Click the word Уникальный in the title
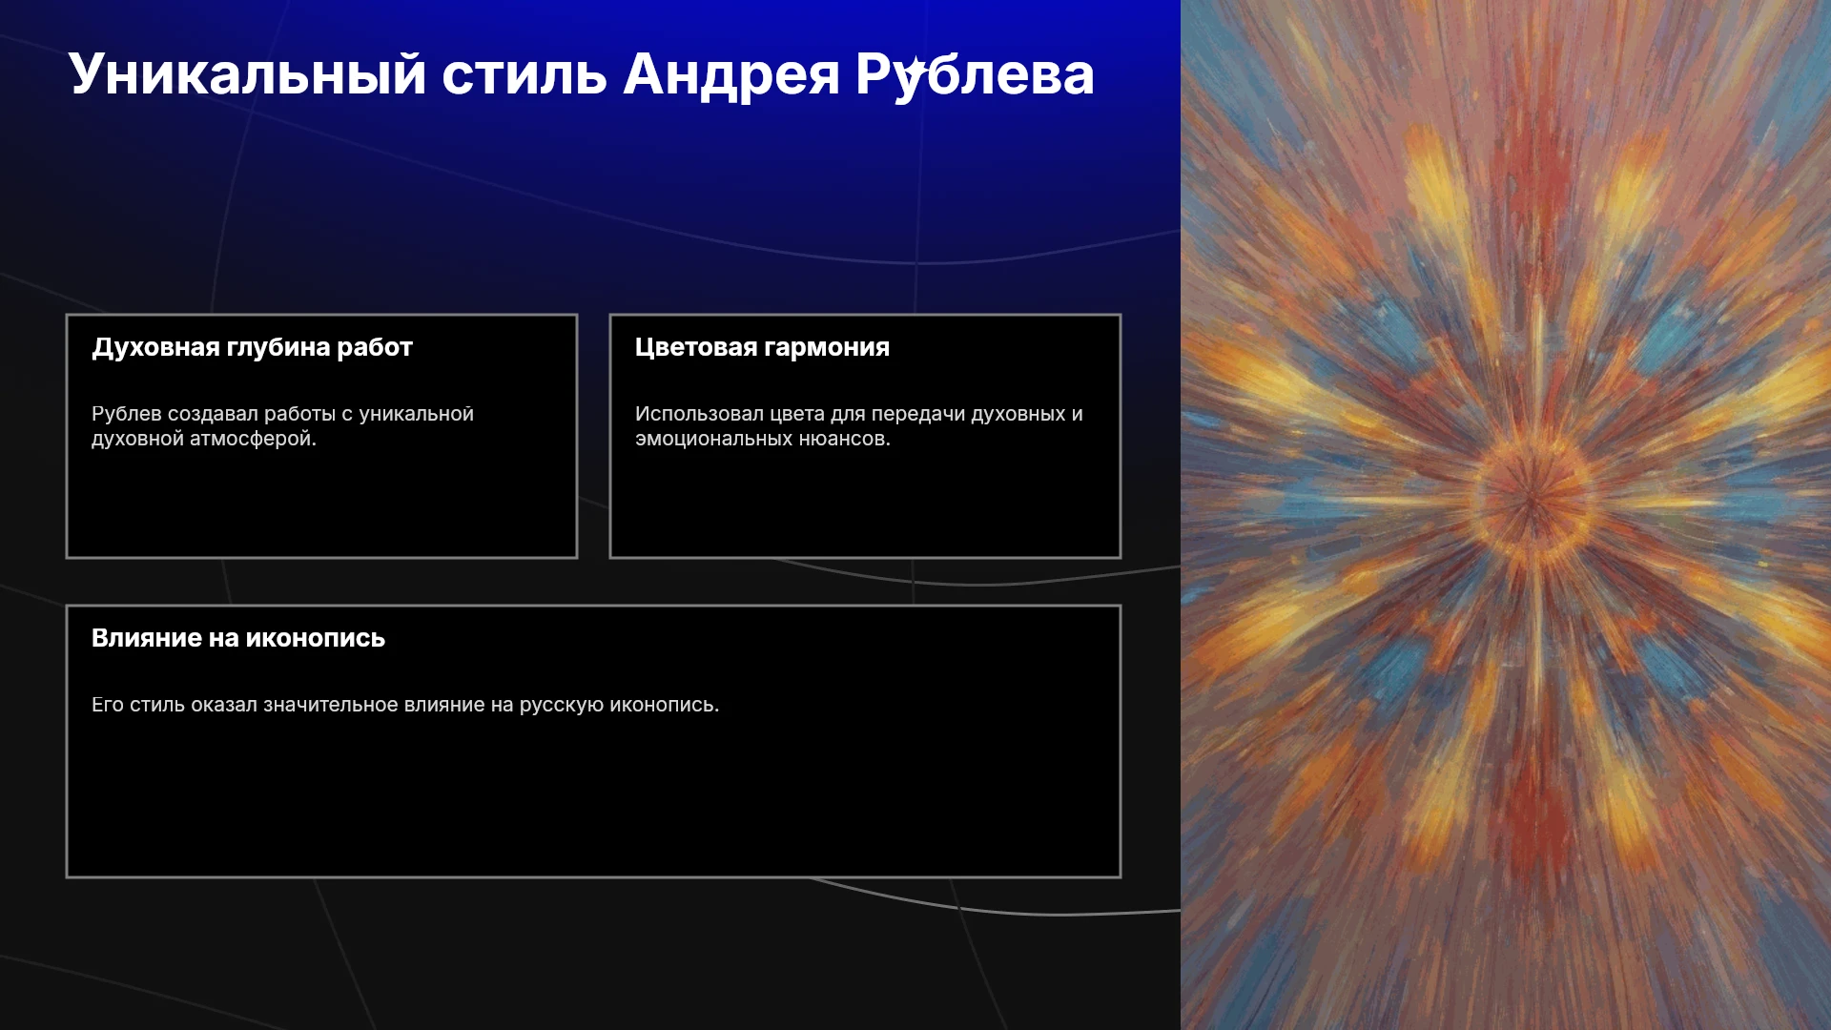tap(247, 75)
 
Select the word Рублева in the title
tap(975, 75)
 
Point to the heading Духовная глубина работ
tap(252, 347)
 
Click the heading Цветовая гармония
tap(762, 347)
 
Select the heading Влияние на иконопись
tap(238, 638)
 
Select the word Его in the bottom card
tap(108, 705)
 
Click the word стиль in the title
tap(525, 75)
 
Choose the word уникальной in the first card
tap(416, 414)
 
